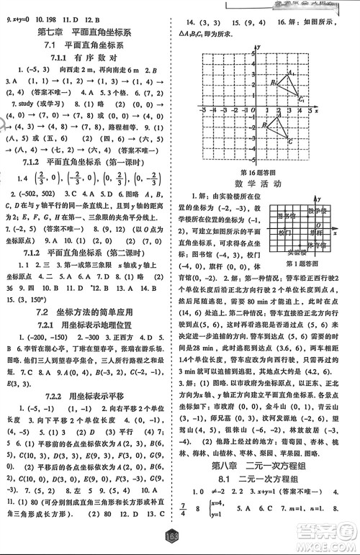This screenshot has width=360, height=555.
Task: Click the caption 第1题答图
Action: coord(304,275)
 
